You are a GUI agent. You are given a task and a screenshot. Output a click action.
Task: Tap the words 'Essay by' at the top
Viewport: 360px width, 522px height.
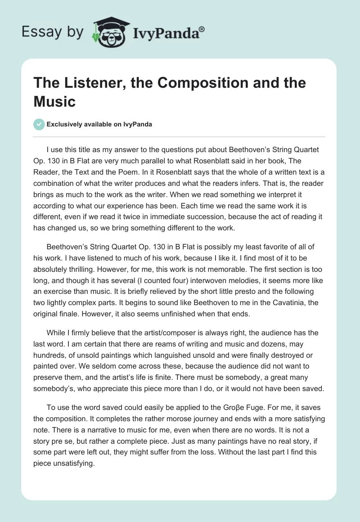[x=52, y=32]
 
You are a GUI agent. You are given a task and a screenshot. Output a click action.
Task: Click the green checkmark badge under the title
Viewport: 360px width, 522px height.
[x=39, y=124]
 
